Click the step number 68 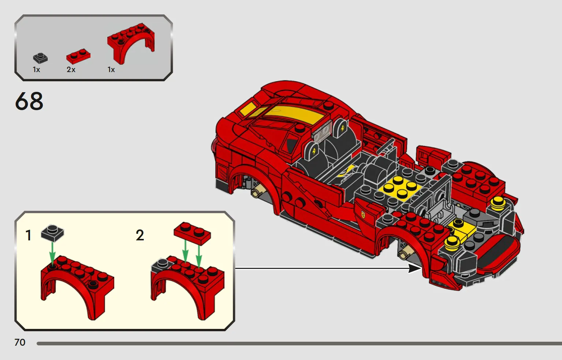pyautogui.click(x=29, y=101)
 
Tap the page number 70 pyautogui.click(x=20, y=342)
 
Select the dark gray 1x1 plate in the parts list pyautogui.click(x=40, y=59)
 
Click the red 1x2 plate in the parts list pyautogui.click(x=78, y=56)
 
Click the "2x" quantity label pyautogui.click(x=71, y=70)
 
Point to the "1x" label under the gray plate pyautogui.click(x=36, y=70)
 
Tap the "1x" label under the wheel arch pyautogui.click(x=111, y=70)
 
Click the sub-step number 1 pyautogui.click(x=29, y=236)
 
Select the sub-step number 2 pyautogui.click(x=140, y=235)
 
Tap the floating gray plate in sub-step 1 pyautogui.click(x=52, y=233)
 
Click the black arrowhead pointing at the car pyautogui.click(x=414, y=269)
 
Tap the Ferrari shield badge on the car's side pyautogui.click(x=363, y=214)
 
